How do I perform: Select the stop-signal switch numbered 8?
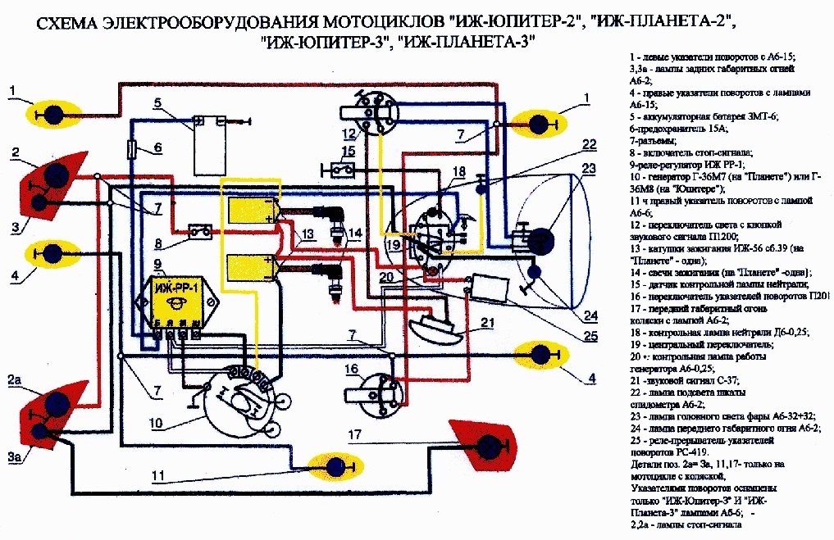click(198, 230)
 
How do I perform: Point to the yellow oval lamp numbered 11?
click(335, 467)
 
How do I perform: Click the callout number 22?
click(589, 145)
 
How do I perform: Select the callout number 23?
click(588, 170)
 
